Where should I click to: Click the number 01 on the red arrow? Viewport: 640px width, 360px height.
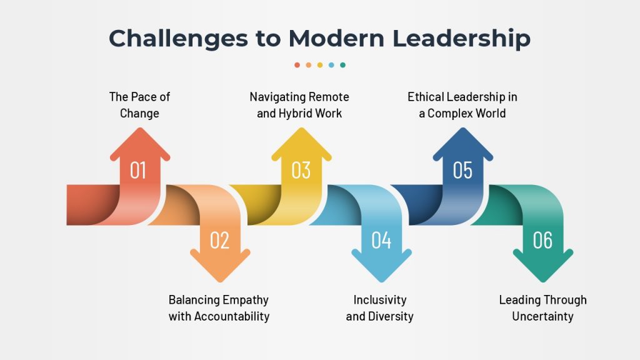[138, 170]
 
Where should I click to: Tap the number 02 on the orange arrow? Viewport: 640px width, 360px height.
[219, 240]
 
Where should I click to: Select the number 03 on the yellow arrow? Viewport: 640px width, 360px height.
[301, 170]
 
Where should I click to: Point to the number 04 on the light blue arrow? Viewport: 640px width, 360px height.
[381, 240]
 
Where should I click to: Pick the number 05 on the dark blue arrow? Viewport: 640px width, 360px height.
[462, 170]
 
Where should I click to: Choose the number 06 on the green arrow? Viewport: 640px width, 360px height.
[542, 240]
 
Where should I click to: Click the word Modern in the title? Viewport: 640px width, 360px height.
[336, 38]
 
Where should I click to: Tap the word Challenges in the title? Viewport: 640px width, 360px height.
[178, 39]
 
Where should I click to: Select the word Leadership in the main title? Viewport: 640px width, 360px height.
[461, 39]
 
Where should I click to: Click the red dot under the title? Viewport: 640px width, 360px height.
[297, 65]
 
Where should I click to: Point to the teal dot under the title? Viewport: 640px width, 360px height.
[343, 65]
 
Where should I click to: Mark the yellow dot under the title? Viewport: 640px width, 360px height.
[320, 65]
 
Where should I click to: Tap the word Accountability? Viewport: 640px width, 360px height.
[232, 316]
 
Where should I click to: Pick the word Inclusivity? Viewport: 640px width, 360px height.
[380, 301]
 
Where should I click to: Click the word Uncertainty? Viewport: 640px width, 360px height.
[543, 316]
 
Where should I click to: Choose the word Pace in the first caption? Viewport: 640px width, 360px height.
[144, 97]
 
